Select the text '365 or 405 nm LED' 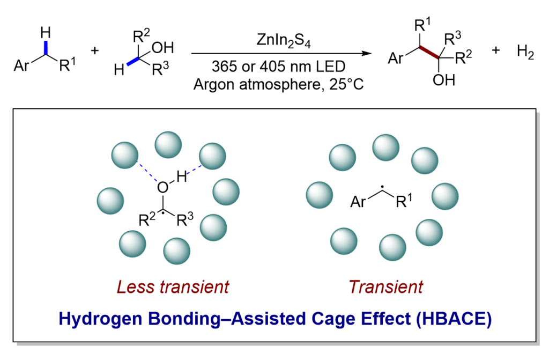click(x=273, y=68)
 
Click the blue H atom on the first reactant click(x=46, y=33)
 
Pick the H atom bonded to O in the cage click(x=181, y=175)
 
